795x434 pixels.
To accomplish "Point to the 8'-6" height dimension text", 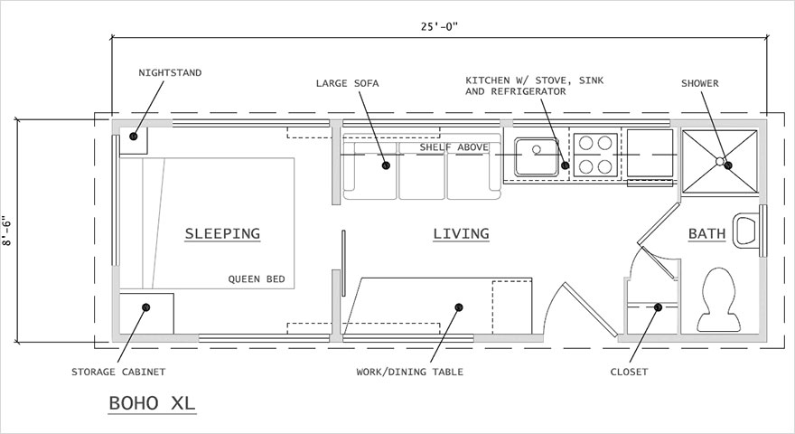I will tap(8, 231).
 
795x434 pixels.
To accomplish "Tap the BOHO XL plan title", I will tap(152, 401).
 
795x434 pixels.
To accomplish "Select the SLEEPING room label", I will tap(222, 233).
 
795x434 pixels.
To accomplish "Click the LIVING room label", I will tap(461, 233).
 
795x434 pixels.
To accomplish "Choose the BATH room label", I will tap(706, 233).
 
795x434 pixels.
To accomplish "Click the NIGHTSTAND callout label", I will tap(171, 71).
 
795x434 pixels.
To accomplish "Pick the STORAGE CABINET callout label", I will tap(118, 372).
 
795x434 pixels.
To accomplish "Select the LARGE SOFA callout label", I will tap(348, 83).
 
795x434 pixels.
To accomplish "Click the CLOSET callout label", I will tap(629, 372).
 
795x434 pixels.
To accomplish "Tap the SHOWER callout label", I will tap(700, 83).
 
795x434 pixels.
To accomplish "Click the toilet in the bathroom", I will tap(719, 297).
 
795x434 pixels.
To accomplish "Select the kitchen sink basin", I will tap(536, 154).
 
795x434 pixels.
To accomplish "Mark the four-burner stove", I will tap(595, 154).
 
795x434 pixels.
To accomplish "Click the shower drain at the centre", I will tap(720, 161).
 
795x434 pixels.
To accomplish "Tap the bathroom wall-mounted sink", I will tap(747, 231).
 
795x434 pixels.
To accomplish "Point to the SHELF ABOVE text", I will tap(454, 147).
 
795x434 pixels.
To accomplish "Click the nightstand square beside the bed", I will tap(135, 137).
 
